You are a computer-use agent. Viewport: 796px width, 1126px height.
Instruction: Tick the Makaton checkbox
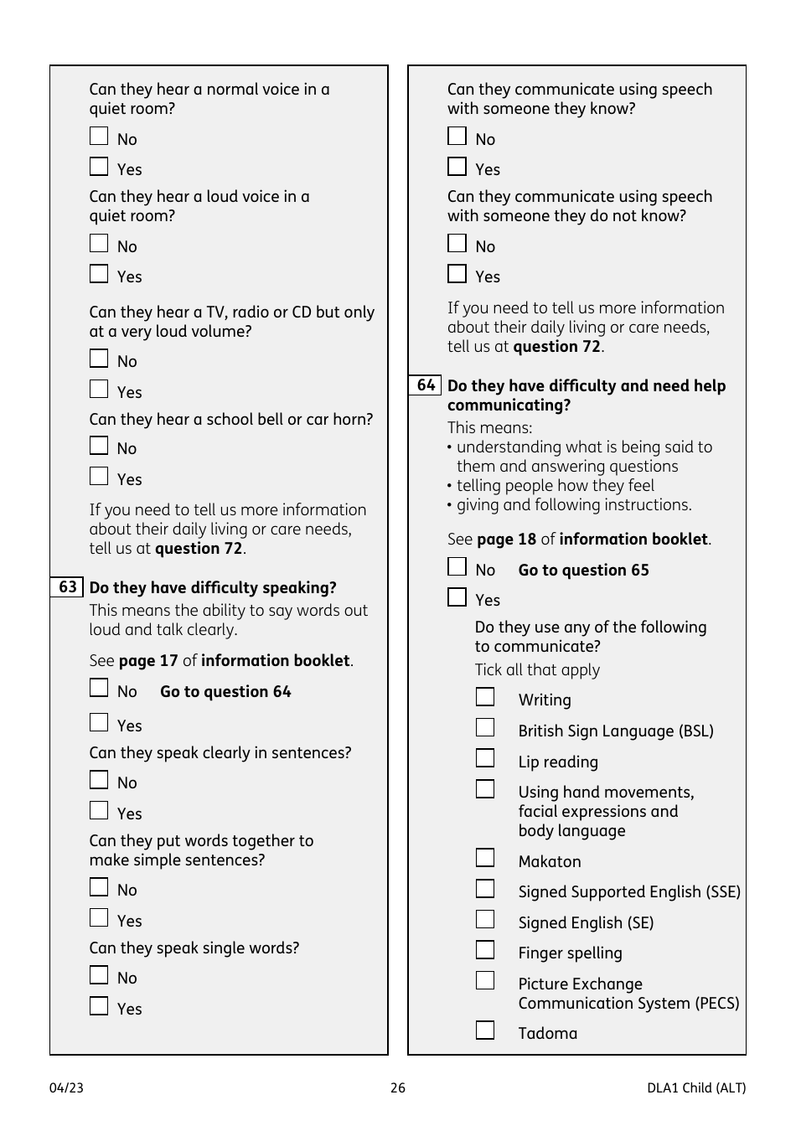(x=485, y=858)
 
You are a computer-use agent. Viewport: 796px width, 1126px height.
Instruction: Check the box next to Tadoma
(x=485, y=1030)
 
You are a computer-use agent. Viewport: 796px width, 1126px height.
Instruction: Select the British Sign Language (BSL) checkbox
(x=485, y=727)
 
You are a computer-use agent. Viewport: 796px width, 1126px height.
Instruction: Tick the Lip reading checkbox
(x=485, y=758)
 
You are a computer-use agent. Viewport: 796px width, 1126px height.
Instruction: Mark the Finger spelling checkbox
(x=485, y=949)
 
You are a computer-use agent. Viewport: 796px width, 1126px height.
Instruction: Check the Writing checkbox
(x=485, y=697)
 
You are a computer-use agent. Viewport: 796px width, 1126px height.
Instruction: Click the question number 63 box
(x=67, y=586)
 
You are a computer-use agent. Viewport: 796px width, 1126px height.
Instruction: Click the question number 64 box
(x=426, y=385)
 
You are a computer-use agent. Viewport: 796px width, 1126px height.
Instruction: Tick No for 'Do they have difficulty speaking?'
(x=99, y=688)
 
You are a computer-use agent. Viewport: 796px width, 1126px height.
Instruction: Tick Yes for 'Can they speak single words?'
(x=99, y=1005)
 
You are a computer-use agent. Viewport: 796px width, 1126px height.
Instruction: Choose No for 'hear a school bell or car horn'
(x=99, y=446)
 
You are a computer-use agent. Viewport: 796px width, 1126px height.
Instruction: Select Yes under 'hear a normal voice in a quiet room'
(x=99, y=166)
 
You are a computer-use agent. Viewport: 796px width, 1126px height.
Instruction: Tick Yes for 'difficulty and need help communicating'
(x=457, y=597)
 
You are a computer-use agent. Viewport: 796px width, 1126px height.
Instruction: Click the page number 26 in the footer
(x=398, y=1087)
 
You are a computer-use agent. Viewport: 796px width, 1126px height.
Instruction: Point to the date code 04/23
(x=66, y=1087)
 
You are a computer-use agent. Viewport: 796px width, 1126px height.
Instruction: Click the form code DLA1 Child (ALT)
(x=695, y=1087)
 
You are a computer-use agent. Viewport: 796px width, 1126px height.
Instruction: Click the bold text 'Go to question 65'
(x=583, y=570)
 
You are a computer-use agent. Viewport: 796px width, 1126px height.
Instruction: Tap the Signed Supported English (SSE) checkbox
(x=485, y=888)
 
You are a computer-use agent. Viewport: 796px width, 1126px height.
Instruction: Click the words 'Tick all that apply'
(x=537, y=669)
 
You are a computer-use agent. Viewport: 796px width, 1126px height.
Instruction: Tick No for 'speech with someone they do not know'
(x=457, y=243)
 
